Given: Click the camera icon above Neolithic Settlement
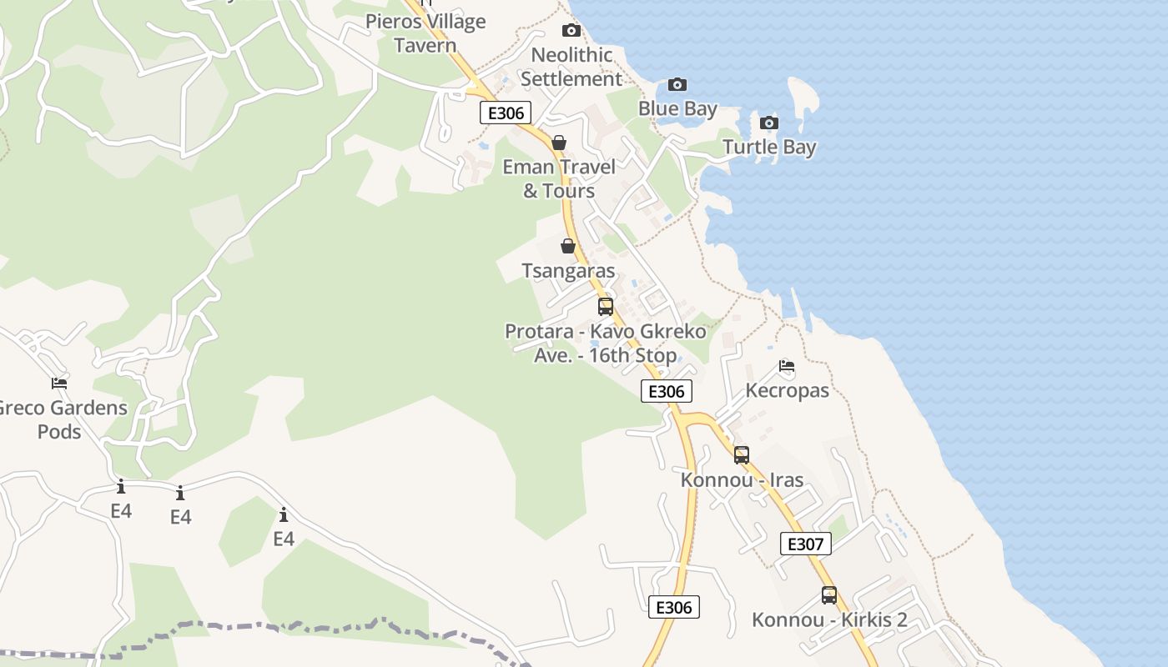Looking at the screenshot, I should pyautogui.click(x=571, y=31).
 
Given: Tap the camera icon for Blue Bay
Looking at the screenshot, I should pyautogui.click(x=677, y=84).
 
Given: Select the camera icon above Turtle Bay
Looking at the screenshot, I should pyautogui.click(x=769, y=123).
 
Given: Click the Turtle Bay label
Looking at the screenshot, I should pyautogui.click(x=769, y=148).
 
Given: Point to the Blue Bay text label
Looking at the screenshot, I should pyautogui.click(x=677, y=109).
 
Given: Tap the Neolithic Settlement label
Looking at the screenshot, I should pyautogui.click(x=572, y=68).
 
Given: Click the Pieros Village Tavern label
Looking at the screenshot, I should pyautogui.click(x=425, y=33).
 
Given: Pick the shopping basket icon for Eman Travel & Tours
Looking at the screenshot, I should pyautogui.click(x=559, y=143).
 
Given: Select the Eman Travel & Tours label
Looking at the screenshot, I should pyautogui.click(x=559, y=178).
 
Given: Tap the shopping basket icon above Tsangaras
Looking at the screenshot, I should pyautogui.click(x=568, y=246).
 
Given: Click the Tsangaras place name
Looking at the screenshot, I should pyautogui.click(x=568, y=271).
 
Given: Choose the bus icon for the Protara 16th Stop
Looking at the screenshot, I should pyautogui.click(x=606, y=306).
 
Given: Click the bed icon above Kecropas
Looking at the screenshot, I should pyautogui.click(x=787, y=365).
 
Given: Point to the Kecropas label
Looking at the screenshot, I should pyautogui.click(x=787, y=390).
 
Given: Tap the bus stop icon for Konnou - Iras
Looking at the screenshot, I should pyautogui.click(x=742, y=454).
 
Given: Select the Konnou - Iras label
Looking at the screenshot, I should pyautogui.click(x=742, y=480).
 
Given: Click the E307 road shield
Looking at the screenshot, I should pyautogui.click(x=806, y=544).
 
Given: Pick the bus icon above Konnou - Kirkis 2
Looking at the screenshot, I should pyautogui.click(x=829, y=595).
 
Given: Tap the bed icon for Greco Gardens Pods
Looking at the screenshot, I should pyautogui.click(x=59, y=383).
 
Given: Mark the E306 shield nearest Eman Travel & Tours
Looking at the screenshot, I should pyautogui.click(x=506, y=113).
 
